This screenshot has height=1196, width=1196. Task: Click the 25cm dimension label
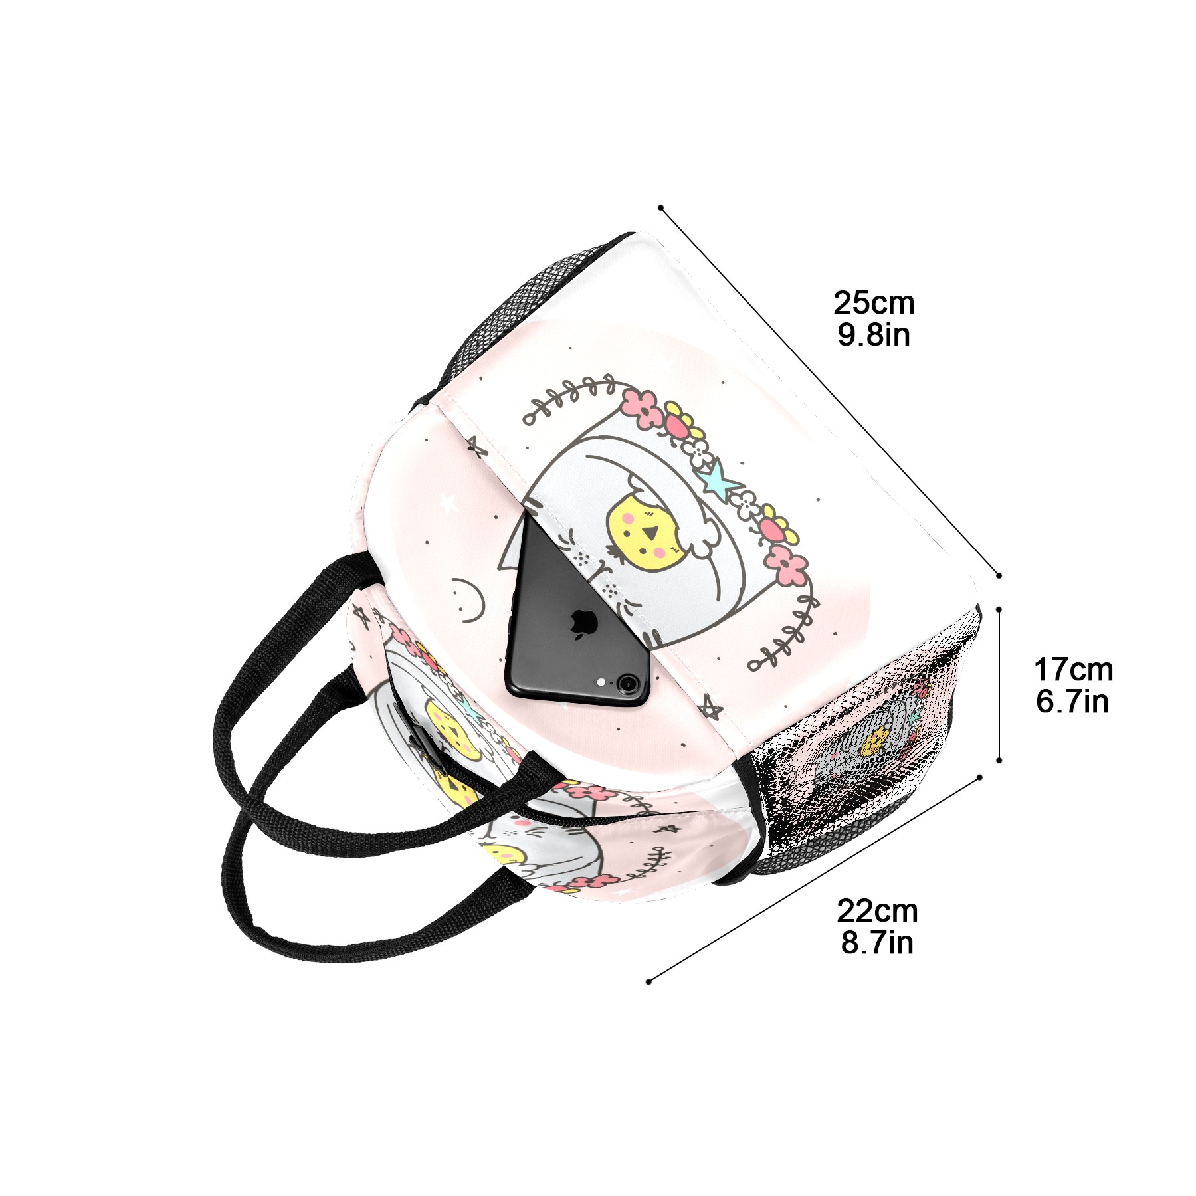pyautogui.click(x=874, y=303)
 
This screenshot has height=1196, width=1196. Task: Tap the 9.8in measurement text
pyautogui.click(x=873, y=334)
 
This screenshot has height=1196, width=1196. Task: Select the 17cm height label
pyautogui.click(x=1073, y=670)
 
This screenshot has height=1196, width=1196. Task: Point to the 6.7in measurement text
pyautogui.click(x=1072, y=701)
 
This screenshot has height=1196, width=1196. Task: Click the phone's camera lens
pyautogui.click(x=625, y=682)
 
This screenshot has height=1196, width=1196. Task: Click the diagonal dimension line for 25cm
pyautogui.click(x=830, y=391)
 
